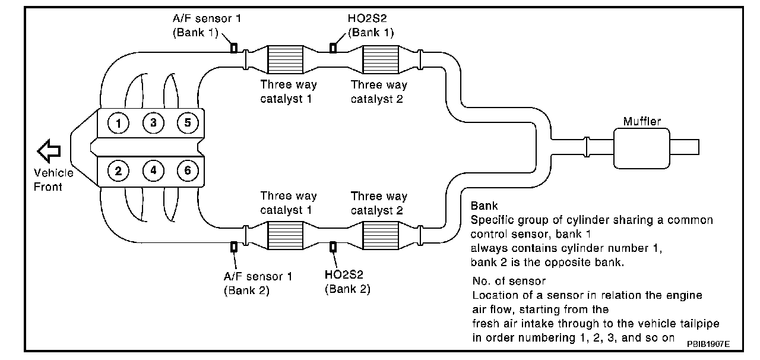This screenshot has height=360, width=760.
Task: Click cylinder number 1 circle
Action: (119, 123)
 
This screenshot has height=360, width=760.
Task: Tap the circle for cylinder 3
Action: (153, 123)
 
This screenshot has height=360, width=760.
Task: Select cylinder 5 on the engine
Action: (188, 123)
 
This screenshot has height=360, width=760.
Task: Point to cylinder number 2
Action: (119, 171)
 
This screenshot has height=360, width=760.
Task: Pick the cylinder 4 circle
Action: (153, 171)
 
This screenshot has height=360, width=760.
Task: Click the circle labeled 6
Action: (188, 171)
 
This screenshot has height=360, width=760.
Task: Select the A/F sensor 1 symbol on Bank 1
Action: (234, 48)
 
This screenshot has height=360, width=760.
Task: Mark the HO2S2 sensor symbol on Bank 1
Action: (333, 48)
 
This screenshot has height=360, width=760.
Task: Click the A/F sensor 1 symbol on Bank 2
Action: (234, 246)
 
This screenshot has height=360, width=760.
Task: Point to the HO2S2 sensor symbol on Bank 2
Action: (333, 246)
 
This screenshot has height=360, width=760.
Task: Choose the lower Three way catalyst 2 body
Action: (380, 234)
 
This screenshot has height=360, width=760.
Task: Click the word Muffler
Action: (642, 121)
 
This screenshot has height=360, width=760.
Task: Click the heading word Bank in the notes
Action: (484, 206)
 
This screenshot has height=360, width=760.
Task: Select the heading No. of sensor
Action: (509, 280)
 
